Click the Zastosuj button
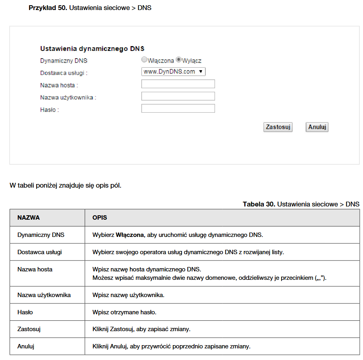tap(278, 127)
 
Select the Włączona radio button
tap(144, 60)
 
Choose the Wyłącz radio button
tap(179, 60)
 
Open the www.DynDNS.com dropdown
tap(173, 72)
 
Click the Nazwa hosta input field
tap(178, 84)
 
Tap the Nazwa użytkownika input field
tap(178, 96)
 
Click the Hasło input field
tap(178, 109)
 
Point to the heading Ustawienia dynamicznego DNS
tap(92, 49)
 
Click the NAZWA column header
tap(28, 218)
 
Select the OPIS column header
tap(99, 218)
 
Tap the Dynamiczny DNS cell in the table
tap(41, 235)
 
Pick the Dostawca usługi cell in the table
tap(40, 252)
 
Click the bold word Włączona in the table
tap(130, 235)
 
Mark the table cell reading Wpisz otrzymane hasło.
tap(124, 312)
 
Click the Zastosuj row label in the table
tap(29, 329)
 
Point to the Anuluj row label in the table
tap(26, 346)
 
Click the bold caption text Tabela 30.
tap(259, 204)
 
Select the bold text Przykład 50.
tap(48, 8)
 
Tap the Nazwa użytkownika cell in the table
tap(44, 295)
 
